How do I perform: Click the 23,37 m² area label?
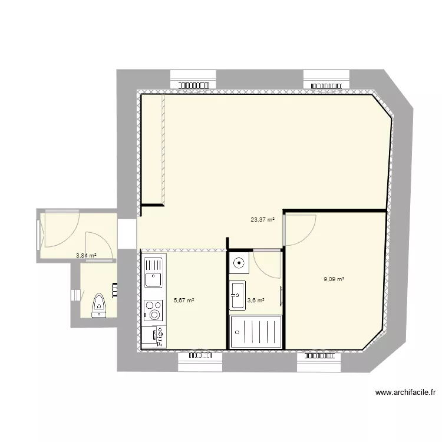click(263, 220)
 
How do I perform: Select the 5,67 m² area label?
click(184, 300)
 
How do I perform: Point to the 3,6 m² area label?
click(256, 300)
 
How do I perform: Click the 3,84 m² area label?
click(86, 256)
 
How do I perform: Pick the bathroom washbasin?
click(238, 295)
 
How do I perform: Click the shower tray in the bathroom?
click(255, 332)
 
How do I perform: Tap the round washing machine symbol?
click(240, 263)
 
